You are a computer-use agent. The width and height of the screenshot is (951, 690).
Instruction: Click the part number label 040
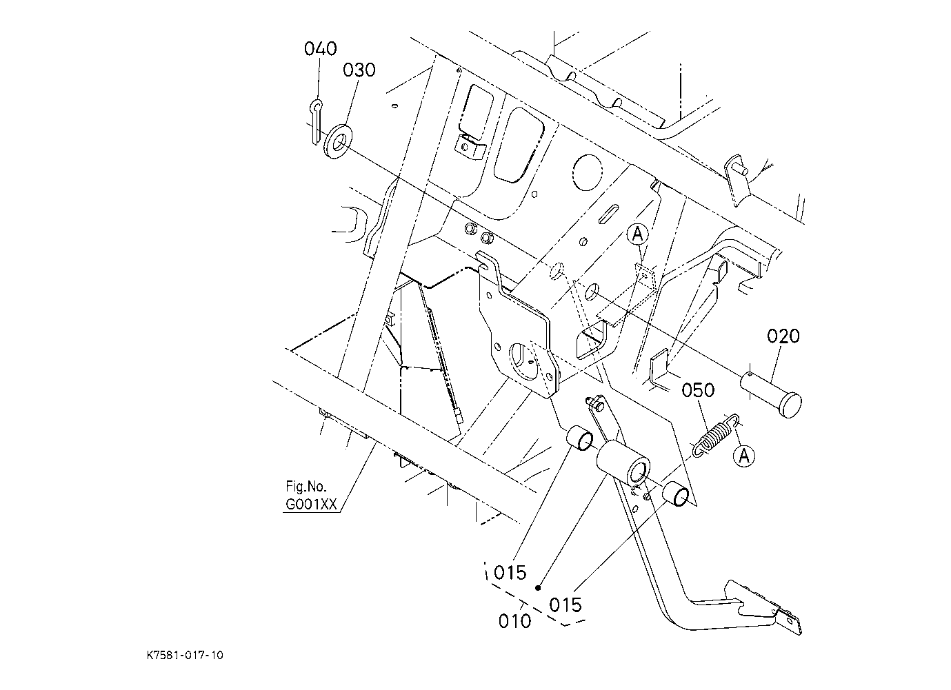point(320,49)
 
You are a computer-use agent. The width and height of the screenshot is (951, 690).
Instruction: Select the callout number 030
point(359,70)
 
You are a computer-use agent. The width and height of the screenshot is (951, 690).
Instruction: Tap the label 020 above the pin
point(783,336)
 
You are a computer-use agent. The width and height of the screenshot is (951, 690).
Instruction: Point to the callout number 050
point(698,390)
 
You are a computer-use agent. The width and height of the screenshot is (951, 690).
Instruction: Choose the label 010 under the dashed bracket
point(514,621)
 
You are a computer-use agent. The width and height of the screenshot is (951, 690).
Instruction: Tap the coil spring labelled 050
point(716,436)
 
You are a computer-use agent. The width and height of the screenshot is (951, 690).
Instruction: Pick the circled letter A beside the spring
point(744,456)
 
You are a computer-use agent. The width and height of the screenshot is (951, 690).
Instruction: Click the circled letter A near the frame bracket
point(638,234)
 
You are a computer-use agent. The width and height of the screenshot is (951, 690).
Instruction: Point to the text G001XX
point(311,505)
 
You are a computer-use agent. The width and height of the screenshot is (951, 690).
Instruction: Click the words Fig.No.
point(306,486)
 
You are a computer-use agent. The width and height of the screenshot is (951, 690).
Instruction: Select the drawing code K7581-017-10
point(185,656)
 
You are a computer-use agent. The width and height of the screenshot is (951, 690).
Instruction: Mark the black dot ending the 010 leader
point(538,588)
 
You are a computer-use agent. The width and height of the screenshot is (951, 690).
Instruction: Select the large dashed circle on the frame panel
point(587,172)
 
